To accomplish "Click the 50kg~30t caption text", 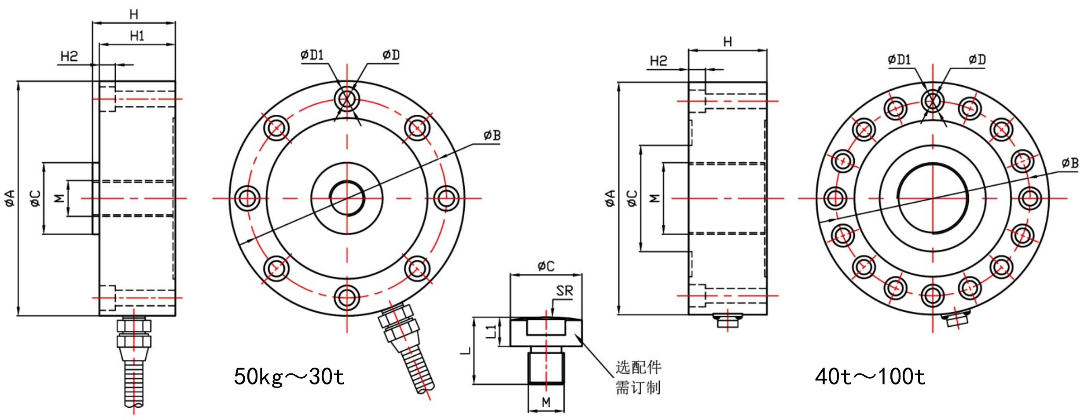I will point(289,376).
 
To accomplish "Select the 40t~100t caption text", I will point(870,376).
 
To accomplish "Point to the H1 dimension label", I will point(137,36).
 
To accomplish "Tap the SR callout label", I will point(564,291).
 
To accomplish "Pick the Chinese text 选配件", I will point(638,367).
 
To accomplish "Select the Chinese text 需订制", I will point(638,388).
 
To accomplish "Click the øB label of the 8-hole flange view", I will point(492,135).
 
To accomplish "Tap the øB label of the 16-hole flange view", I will point(1070,163).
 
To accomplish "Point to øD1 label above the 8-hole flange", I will point(312,55).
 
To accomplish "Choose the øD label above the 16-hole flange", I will point(977,59).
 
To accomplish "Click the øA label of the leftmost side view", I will point(10,198).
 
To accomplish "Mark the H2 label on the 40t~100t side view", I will point(658,61).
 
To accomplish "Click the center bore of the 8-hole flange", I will point(347,198).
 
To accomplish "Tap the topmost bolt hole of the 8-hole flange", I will point(347,99).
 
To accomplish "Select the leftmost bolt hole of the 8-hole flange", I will point(247,198).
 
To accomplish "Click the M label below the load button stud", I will point(546,402).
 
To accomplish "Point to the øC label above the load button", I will point(546,266).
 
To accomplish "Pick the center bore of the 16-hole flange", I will point(933,198).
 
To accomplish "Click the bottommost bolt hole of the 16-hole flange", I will point(933,295).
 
